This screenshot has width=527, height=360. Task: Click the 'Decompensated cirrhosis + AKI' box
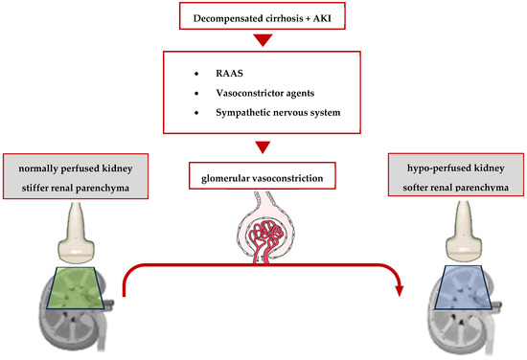coord(262,16)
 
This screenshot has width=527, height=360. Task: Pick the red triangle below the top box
coord(262,42)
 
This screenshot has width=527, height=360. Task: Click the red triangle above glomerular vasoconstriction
coord(262,147)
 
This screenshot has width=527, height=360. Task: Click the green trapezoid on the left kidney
coord(73,286)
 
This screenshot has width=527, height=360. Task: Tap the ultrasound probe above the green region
coord(72,236)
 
